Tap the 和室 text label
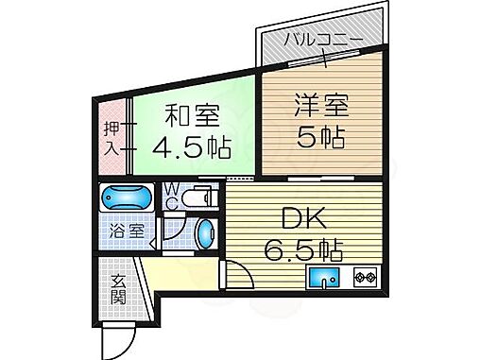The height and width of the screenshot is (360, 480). coord(193,117)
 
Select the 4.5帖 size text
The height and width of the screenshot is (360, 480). coord(193,147)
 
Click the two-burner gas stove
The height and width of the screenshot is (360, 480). coord(365,278)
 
